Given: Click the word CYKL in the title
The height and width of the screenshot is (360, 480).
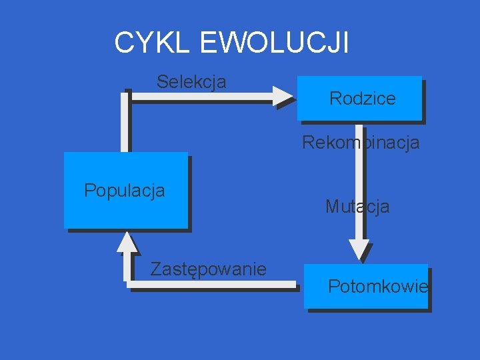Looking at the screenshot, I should click(x=153, y=43).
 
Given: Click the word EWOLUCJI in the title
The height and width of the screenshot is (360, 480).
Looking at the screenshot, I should click(x=273, y=43).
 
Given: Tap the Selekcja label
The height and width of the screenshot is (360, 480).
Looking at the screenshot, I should click(x=191, y=82).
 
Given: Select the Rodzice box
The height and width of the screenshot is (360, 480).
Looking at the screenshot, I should click(x=360, y=99).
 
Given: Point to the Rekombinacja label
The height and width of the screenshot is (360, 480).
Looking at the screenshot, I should click(x=361, y=143).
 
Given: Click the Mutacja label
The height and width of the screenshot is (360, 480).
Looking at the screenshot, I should click(x=357, y=207).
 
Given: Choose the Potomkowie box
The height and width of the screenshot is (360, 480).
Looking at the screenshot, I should click(x=366, y=286).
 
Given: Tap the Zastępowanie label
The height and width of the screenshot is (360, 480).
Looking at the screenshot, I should click(x=208, y=269).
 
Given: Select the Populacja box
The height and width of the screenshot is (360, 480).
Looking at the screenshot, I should click(x=125, y=190).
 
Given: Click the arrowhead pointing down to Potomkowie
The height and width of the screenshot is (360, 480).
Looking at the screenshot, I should click(x=359, y=250).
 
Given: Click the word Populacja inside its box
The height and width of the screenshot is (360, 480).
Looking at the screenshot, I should click(x=125, y=191).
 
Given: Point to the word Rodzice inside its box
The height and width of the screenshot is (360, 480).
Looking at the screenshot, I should click(x=363, y=99).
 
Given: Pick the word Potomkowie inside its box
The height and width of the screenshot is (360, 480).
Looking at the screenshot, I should click(x=378, y=287).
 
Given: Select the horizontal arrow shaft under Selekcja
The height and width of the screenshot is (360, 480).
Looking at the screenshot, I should click(x=200, y=96).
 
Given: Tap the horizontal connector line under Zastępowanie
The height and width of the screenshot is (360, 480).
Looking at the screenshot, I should click(x=213, y=284).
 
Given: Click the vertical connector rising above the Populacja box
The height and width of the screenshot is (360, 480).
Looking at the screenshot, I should click(x=125, y=123).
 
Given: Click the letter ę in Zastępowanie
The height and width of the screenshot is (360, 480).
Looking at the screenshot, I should click(x=188, y=270).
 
